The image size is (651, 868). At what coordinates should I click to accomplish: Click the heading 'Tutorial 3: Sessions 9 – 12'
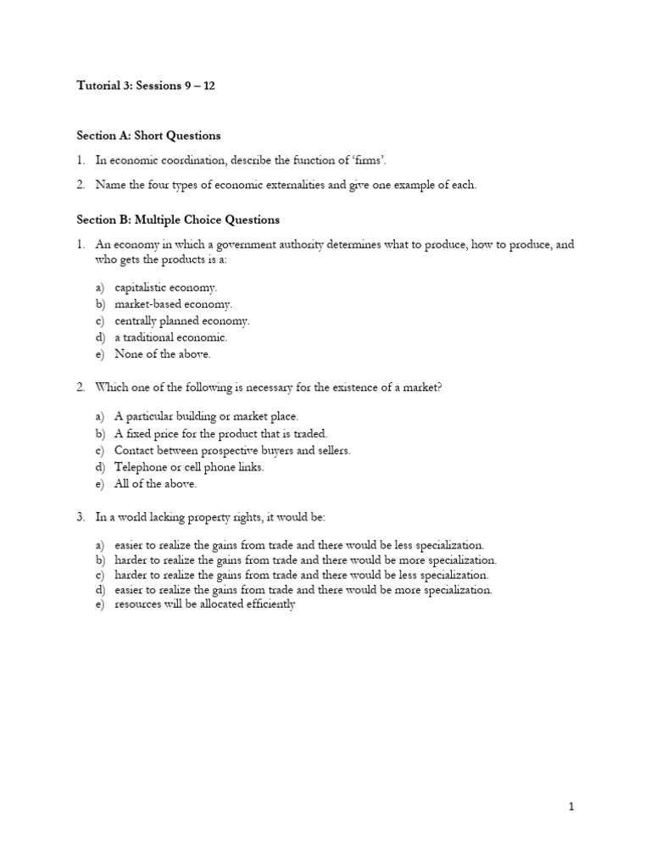(x=145, y=86)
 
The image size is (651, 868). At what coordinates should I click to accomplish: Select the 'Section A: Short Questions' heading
(x=148, y=136)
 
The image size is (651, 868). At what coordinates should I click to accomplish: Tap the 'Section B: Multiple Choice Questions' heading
(x=178, y=220)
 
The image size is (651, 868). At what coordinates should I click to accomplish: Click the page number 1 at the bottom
(x=571, y=807)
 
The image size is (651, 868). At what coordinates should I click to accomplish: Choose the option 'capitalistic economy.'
(x=166, y=288)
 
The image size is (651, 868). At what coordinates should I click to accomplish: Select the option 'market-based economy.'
(x=173, y=304)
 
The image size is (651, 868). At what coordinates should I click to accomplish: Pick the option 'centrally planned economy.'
(x=182, y=321)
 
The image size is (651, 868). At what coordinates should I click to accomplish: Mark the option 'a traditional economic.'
(x=171, y=337)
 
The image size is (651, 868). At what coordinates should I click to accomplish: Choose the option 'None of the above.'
(x=163, y=354)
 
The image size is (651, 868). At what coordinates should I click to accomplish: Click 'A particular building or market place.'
(x=207, y=417)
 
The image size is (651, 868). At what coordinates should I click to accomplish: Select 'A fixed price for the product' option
(x=220, y=434)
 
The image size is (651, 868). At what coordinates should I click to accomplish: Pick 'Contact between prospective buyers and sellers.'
(x=232, y=450)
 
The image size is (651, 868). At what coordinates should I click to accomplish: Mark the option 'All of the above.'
(x=156, y=484)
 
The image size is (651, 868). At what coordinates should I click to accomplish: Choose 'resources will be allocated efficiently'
(x=204, y=605)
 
